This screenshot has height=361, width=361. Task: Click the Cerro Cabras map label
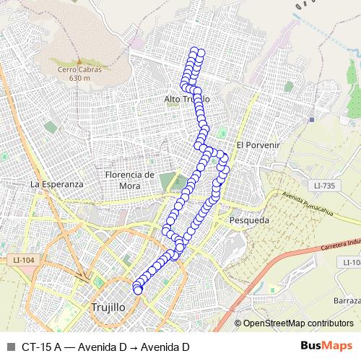76,69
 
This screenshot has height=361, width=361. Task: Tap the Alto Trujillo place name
186,98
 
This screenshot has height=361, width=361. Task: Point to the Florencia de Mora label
130,180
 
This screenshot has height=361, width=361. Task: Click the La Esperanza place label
57,184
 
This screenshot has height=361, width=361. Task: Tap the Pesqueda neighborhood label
248,219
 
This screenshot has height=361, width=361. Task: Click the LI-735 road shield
325,186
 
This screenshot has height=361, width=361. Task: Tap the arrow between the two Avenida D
133,347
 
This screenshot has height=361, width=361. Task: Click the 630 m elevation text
76,78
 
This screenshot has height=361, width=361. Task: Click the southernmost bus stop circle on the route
138,290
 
